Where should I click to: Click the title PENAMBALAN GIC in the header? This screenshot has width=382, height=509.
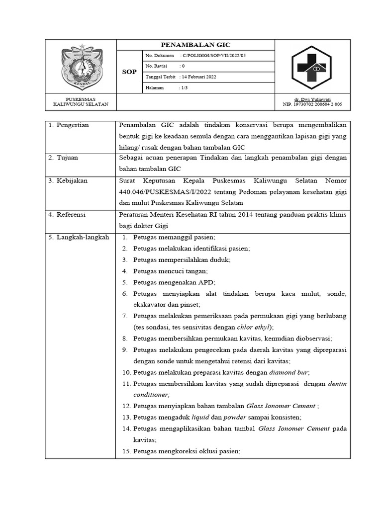pyautogui.click(x=195, y=45)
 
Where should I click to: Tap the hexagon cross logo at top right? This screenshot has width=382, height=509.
pyautogui.click(x=312, y=67)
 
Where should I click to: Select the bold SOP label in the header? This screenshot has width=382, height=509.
pyautogui.click(x=129, y=72)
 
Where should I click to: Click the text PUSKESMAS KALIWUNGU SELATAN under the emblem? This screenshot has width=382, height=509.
pyautogui.click(x=81, y=102)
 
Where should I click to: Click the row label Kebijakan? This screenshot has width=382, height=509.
pyautogui.click(x=71, y=180)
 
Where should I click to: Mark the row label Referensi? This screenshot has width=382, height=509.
pyautogui.click(x=71, y=215)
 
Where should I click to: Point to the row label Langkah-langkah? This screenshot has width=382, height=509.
pyautogui.click(x=79, y=238)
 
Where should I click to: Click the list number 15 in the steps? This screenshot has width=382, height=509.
pyautogui.click(x=126, y=452)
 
